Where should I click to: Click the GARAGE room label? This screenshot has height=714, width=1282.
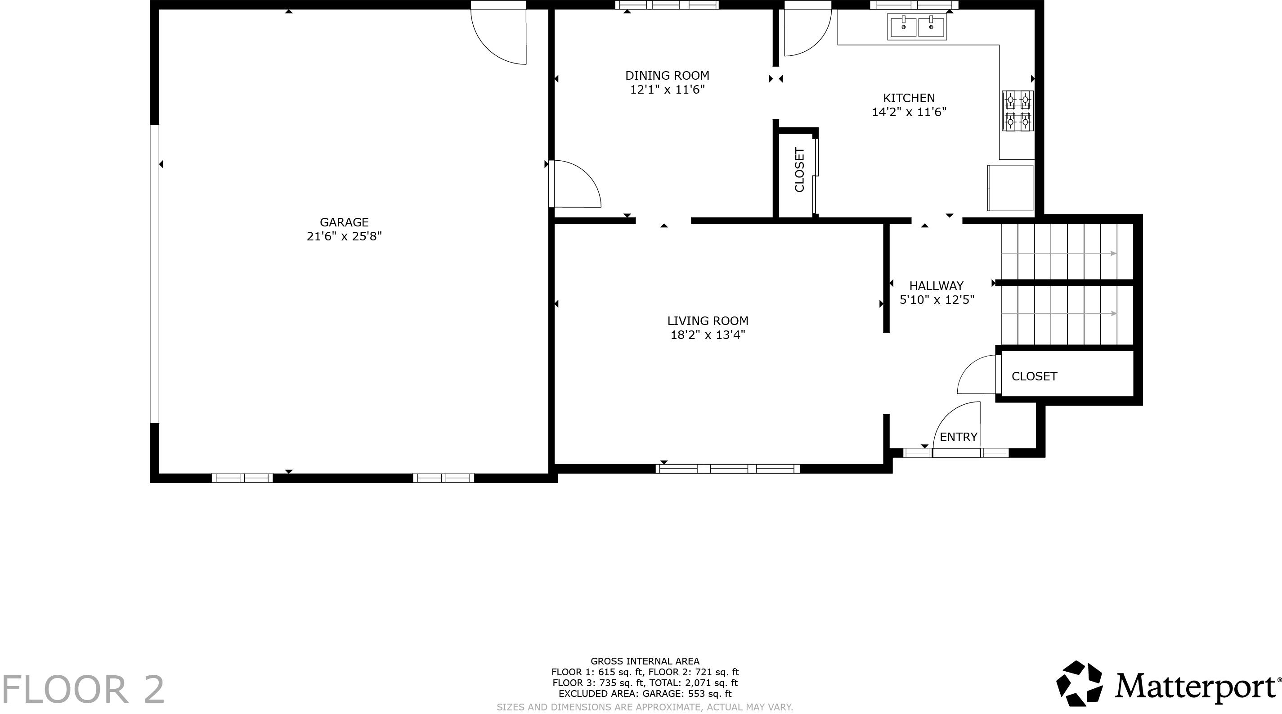point(344,222)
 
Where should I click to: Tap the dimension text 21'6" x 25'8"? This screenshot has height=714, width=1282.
point(344,236)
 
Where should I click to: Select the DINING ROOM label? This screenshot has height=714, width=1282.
point(667,76)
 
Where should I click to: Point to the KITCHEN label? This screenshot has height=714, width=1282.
point(909,98)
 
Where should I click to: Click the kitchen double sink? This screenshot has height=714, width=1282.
point(917,27)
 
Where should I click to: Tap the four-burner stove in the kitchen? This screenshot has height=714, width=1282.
point(1017,111)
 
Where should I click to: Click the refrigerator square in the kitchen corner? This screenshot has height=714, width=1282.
point(1010,188)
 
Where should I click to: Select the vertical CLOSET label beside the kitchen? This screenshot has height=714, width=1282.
point(799,169)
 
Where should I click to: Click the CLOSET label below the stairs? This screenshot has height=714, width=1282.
point(1034,376)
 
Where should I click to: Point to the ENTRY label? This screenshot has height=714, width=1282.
point(959,437)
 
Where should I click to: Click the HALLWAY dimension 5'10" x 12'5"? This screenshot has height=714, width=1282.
point(937,300)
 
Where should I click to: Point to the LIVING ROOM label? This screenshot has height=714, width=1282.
point(708,321)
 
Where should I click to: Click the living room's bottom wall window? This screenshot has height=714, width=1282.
point(728,469)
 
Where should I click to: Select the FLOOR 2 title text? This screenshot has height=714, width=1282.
point(83,690)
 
